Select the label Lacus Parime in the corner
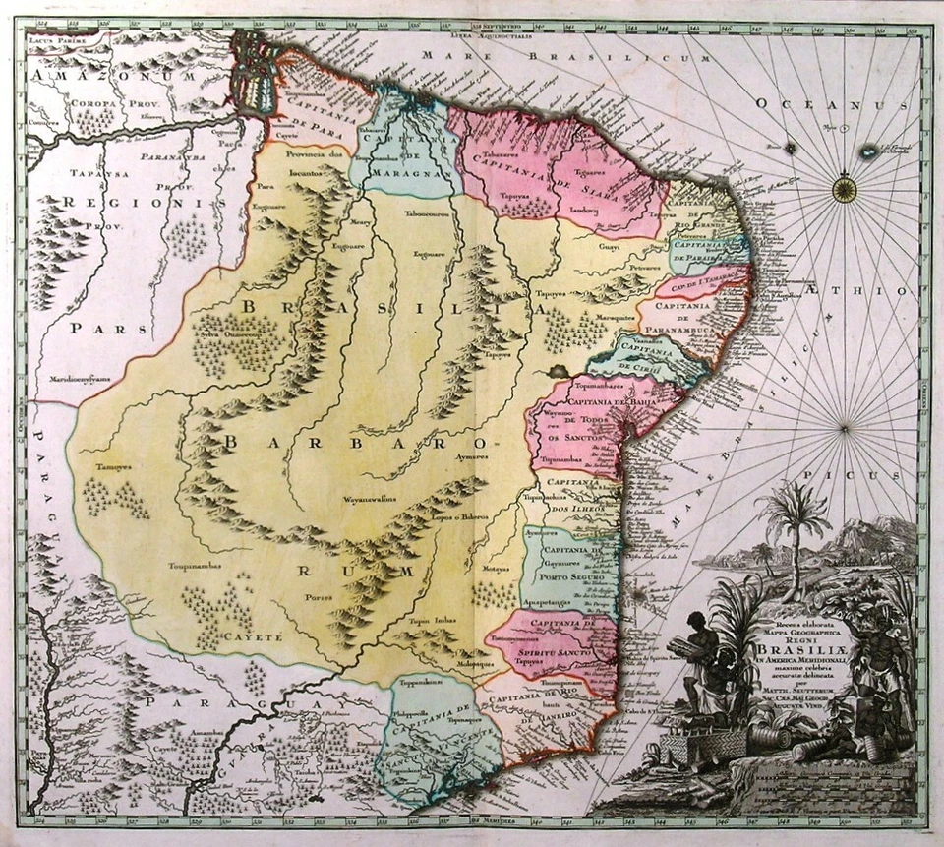click(x=53, y=39)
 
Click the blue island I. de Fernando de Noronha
click(x=867, y=151)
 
